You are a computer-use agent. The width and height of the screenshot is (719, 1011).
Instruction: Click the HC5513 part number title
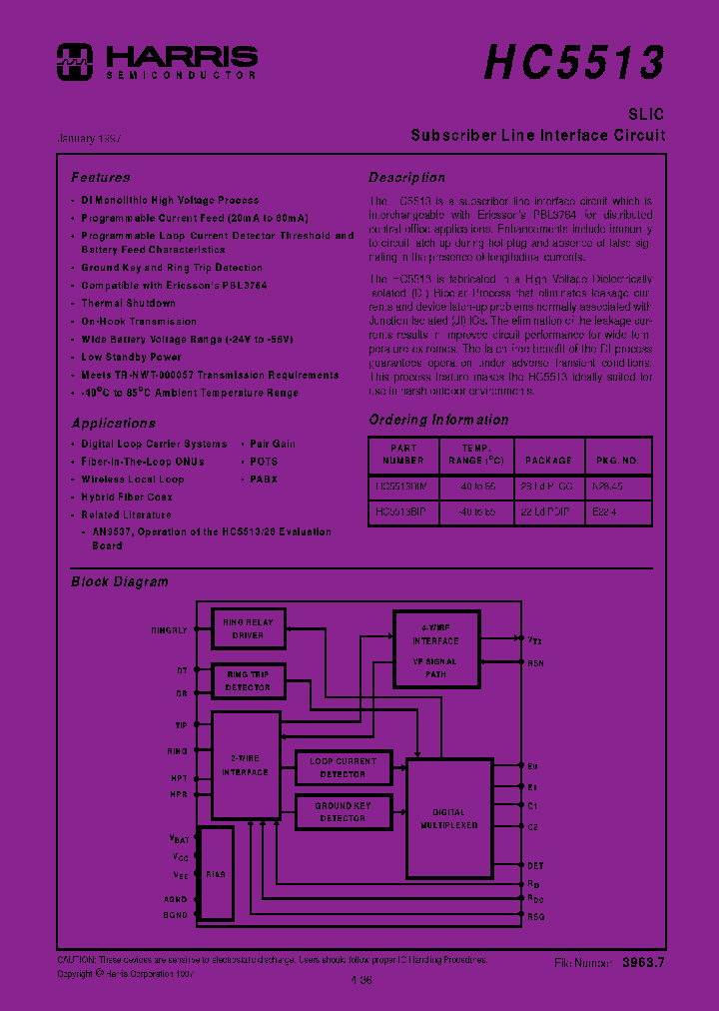pos(573,62)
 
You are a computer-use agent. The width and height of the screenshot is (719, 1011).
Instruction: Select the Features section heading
pos(100,177)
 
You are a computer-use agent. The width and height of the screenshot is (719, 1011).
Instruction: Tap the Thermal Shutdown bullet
pos(128,303)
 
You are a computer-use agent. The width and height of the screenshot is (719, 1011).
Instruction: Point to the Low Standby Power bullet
pos(131,357)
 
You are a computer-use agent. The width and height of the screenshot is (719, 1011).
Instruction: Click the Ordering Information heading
pos(437,420)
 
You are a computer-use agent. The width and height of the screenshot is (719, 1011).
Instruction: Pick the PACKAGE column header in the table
pos(548,460)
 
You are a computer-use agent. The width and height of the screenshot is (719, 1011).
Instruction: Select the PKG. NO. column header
pos(618,460)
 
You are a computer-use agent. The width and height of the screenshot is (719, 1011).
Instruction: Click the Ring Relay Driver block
pos(249,629)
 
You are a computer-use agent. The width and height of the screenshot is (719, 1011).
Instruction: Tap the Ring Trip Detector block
pos(248,680)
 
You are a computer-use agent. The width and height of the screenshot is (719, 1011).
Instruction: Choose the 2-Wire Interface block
pos(245,765)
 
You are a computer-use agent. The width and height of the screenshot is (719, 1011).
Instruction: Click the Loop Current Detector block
pos(343,767)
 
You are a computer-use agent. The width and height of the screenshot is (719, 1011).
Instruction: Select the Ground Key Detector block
pos(343,811)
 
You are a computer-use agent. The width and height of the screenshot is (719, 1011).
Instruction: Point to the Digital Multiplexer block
pos(449,817)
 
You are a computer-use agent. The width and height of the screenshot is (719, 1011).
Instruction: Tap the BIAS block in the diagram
pos(215,873)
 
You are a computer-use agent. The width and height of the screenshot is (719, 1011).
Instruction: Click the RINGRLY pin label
pos(169,630)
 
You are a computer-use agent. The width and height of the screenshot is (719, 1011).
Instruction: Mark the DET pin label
pos(535,865)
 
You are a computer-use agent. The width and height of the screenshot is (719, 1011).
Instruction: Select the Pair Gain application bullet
pos(272,444)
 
